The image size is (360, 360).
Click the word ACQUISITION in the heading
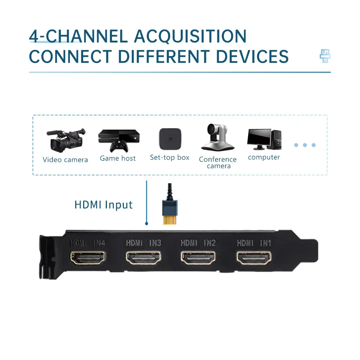tap(190, 37)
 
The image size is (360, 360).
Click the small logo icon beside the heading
tap(325, 56)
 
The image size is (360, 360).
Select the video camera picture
tap(66, 140)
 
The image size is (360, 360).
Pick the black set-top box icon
tap(170, 139)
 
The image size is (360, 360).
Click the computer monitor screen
tap(259, 137)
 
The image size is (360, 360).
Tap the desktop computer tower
tap(276, 139)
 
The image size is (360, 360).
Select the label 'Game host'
tap(118, 158)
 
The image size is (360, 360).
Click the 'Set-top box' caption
tap(170, 157)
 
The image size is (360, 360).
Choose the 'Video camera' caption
tap(65, 160)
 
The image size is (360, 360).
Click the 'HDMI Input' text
tap(104, 205)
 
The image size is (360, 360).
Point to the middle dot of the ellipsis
tap(305, 145)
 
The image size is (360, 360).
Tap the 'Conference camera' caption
tap(218, 162)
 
